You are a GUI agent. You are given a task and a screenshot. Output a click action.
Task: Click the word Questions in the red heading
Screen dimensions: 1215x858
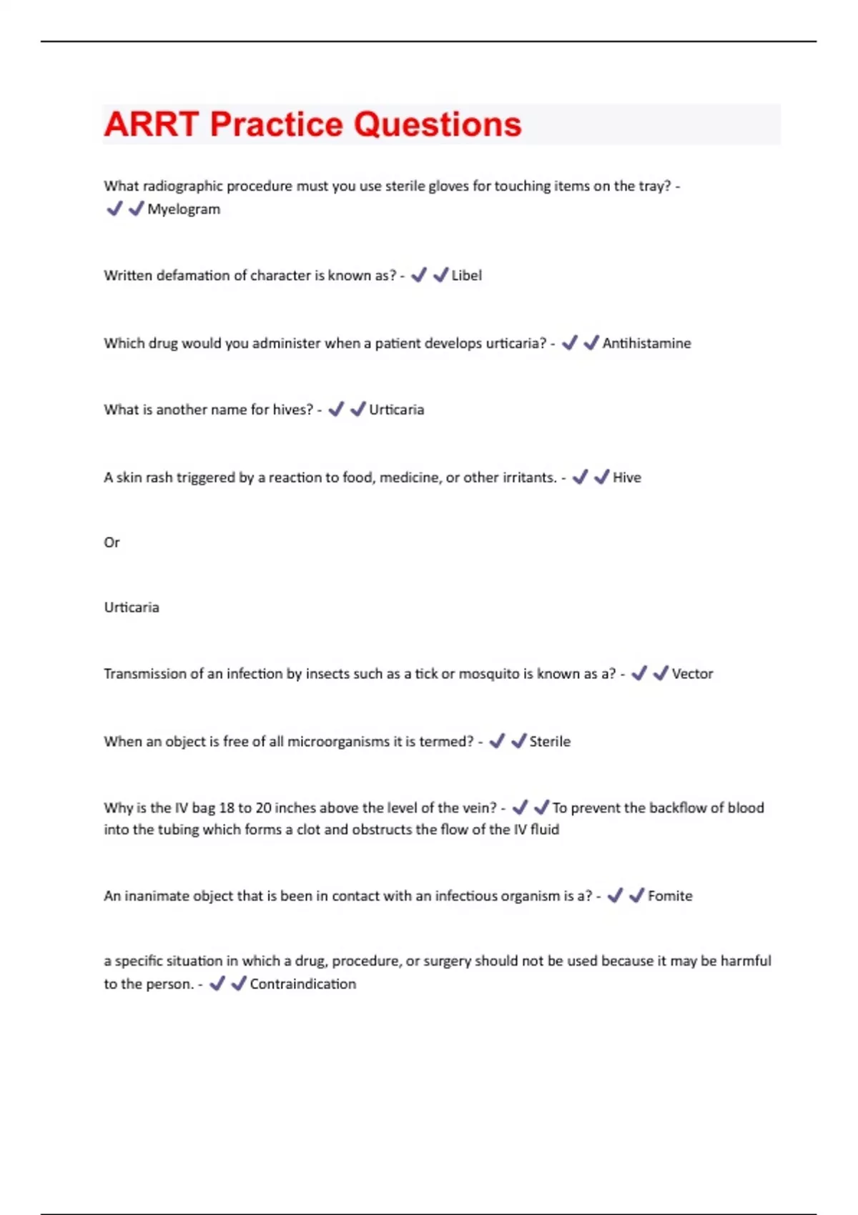click(438, 124)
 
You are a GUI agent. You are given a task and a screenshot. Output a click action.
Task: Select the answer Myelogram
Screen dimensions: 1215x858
click(184, 209)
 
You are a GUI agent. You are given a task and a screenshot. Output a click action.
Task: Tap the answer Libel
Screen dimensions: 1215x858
click(466, 276)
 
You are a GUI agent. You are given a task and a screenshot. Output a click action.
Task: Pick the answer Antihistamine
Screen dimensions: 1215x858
click(646, 344)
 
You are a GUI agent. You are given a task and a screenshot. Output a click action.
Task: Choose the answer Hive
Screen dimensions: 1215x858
click(626, 477)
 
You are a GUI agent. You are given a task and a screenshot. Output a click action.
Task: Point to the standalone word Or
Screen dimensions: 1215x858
click(112, 542)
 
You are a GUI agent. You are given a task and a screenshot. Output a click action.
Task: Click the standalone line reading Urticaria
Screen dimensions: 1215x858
click(132, 607)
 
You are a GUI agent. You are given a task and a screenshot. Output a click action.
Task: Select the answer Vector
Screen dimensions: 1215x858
click(692, 674)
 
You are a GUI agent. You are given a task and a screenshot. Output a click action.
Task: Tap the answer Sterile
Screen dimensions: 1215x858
click(550, 742)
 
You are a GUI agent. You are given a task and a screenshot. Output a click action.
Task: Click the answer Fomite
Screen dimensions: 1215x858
click(670, 896)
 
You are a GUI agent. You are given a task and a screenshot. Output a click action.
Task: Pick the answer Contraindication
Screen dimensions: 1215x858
click(302, 984)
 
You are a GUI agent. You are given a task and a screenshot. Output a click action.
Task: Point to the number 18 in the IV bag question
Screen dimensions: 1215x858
click(227, 808)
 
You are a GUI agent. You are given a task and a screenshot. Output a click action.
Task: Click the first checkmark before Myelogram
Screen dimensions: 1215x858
click(114, 209)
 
